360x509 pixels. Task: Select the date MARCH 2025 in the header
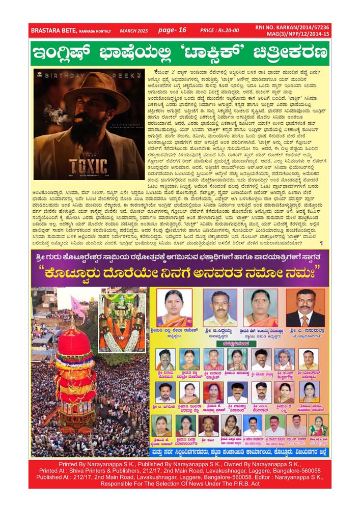tap(133, 31)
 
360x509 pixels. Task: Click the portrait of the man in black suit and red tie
tap(305, 307)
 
